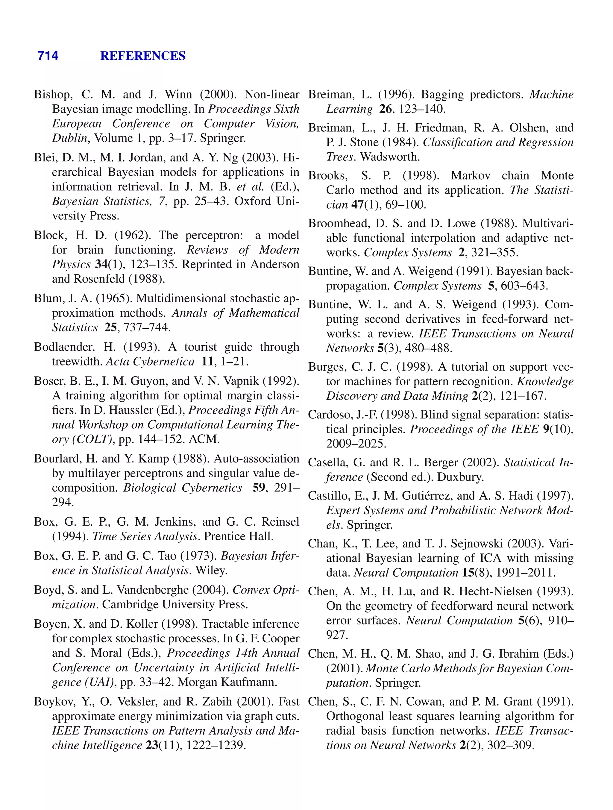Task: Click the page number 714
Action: coord(48,56)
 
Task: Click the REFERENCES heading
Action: coord(142,56)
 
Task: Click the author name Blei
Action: coord(45,157)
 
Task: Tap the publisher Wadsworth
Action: coord(390,157)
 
